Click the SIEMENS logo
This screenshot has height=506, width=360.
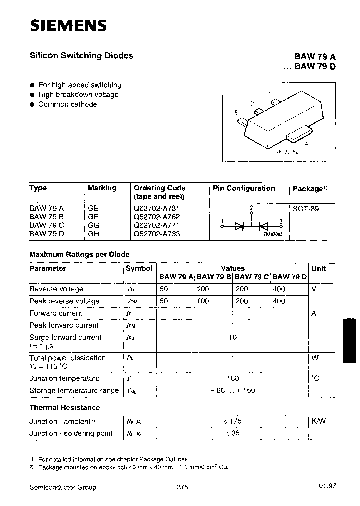coord(68,25)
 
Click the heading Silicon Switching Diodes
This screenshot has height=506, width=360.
coord(81,56)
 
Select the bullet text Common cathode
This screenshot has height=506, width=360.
coord(67,104)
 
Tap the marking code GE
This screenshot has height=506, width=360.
coord(93,208)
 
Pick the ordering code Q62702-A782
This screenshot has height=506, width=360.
coord(156,217)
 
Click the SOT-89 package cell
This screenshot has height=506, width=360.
coord(305,209)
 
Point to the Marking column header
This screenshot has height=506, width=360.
coord(102,188)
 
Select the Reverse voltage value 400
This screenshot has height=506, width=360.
coord(279,289)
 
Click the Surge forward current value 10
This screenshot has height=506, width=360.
coord(232,337)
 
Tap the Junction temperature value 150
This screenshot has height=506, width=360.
coord(232,378)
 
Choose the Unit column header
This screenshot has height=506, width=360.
coord(318,268)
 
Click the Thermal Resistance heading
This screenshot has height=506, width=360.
coord(64,407)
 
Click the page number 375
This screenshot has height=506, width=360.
coord(182,487)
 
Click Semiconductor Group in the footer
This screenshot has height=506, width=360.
coord(63,487)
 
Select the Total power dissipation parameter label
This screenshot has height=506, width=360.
coord(67,358)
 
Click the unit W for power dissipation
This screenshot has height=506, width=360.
coord(315,358)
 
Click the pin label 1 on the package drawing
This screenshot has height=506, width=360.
coord(270,94)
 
